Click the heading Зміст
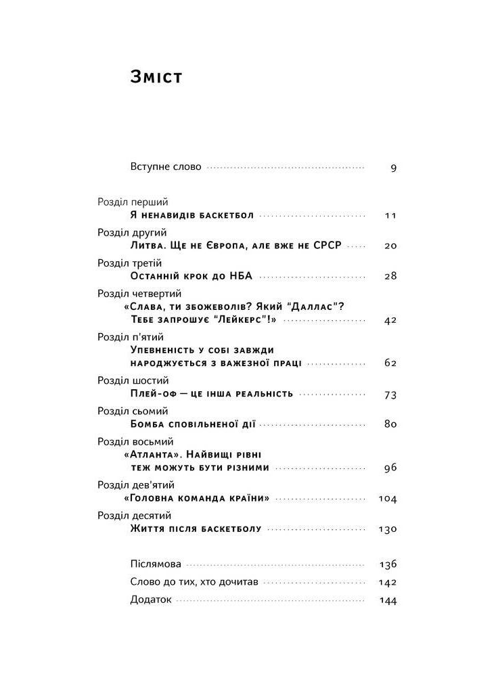(156, 77)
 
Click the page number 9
(393, 168)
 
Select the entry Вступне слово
(166, 166)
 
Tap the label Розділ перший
(133, 202)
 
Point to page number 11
(390, 216)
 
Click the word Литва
(146, 245)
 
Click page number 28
(390, 276)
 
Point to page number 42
(390, 321)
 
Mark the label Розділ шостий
(133, 380)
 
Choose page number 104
(388, 499)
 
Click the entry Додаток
(151, 600)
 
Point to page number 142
(388, 582)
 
